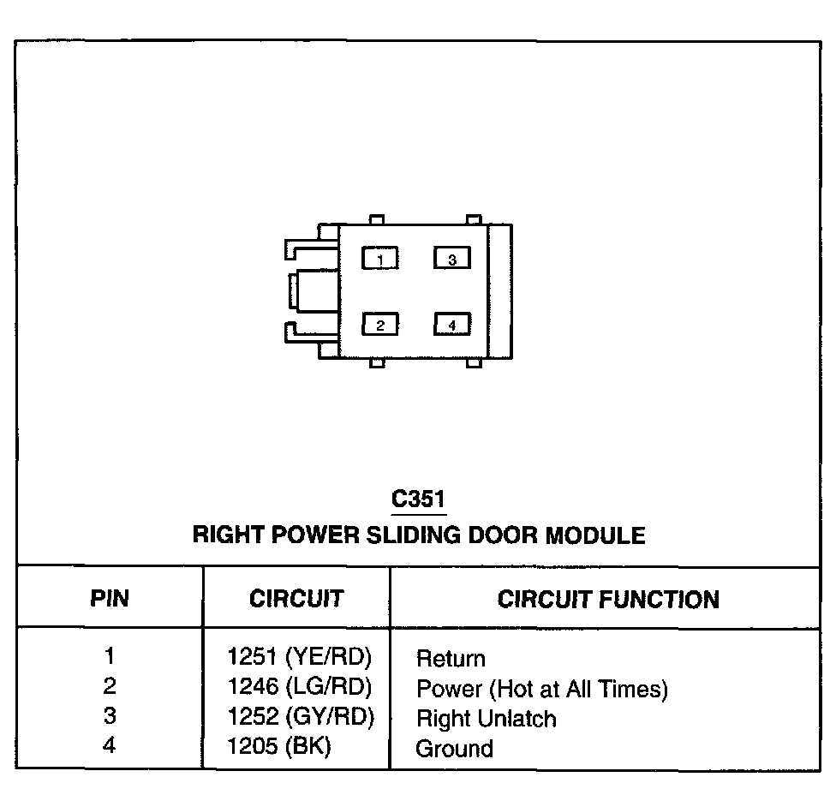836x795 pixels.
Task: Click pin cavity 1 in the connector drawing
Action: [380, 258]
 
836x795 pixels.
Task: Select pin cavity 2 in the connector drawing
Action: [380, 325]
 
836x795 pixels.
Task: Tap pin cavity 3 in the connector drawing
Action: [451, 258]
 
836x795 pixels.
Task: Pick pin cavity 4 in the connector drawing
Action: [451, 325]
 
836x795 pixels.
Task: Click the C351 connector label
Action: [419, 499]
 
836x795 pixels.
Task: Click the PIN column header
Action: [110, 599]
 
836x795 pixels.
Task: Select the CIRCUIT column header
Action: [296, 599]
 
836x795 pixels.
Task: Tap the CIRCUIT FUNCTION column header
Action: [608, 599]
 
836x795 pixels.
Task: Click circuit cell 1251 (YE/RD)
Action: [301, 657]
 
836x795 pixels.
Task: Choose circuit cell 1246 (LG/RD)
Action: [301, 687]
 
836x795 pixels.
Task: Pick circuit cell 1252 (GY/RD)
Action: [301, 717]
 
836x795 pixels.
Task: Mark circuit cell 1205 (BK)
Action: [279, 747]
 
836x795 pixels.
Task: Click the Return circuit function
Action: [451, 659]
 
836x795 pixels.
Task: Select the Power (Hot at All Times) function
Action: [541, 689]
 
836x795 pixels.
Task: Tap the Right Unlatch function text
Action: [486, 719]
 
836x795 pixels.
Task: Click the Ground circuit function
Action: [454, 749]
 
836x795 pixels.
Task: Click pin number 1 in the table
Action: [109, 657]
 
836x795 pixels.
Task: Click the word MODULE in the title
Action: [595, 536]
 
